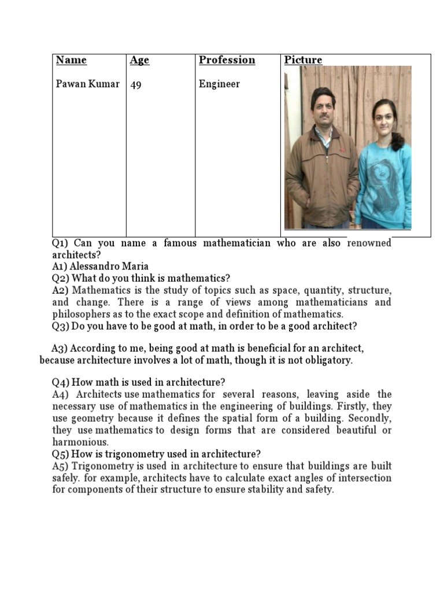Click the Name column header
click(x=71, y=60)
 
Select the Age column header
click(x=139, y=60)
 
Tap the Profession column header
click(x=227, y=60)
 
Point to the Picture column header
click(x=303, y=60)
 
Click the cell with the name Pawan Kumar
click(x=87, y=84)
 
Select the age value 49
click(x=136, y=84)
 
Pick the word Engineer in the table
click(x=219, y=84)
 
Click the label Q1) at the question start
click(x=61, y=243)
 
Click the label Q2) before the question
click(x=61, y=278)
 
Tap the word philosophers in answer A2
click(x=79, y=314)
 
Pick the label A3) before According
click(x=60, y=349)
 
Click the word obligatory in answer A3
click(x=327, y=360)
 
